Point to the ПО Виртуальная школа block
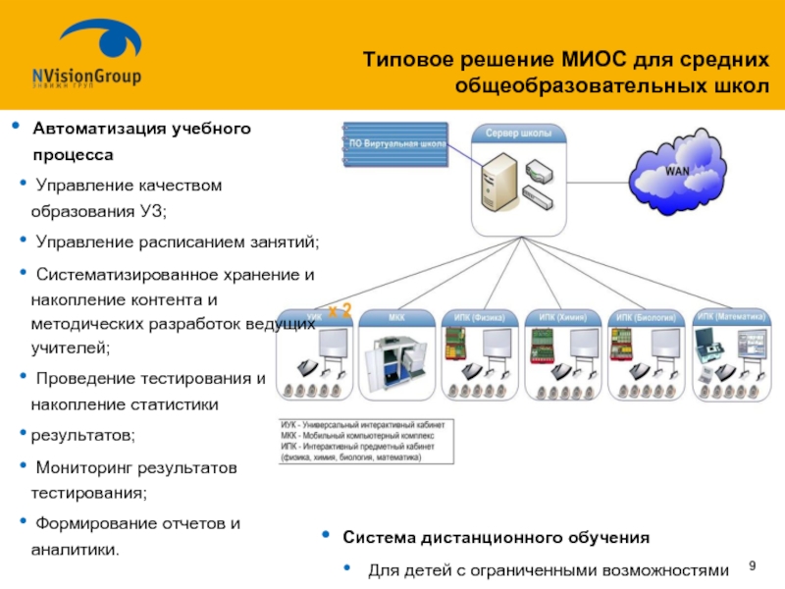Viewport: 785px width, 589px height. click(396, 145)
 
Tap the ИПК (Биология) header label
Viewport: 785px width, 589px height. click(647, 317)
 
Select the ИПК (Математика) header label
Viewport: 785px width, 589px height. click(732, 316)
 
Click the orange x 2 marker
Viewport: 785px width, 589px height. click(340, 311)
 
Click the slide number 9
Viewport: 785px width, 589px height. click(753, 566)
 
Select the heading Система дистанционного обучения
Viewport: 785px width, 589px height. click(496, 538)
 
